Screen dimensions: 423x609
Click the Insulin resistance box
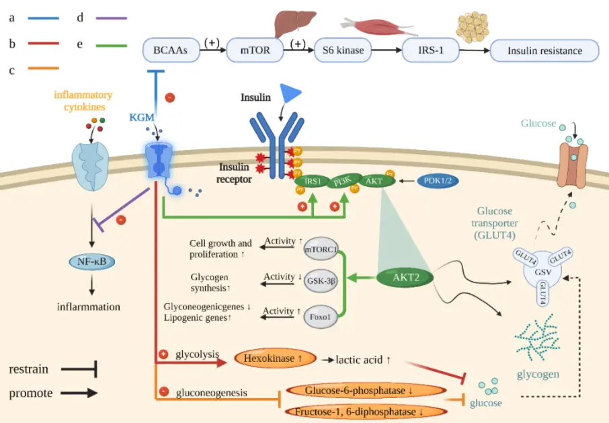[545, 50]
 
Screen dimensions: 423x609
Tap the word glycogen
[538, 374]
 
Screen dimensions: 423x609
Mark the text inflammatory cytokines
[84, 101]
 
